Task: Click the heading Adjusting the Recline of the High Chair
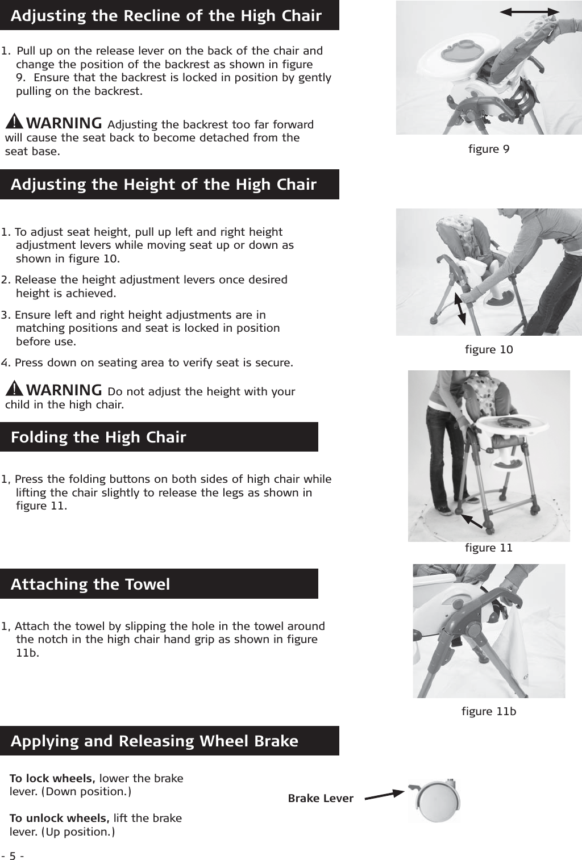[166, 16]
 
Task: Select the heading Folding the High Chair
[98, 437]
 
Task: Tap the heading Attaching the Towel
[90, 584]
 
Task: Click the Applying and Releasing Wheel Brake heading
[155, 741]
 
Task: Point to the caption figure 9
[489, 149]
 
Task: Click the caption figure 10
[489, 349]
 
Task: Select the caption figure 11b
[489, 711]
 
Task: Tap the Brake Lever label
[321, 799]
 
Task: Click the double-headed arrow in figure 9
[533, 11]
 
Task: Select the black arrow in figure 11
[471, 521]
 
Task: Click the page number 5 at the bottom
[12, 855]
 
